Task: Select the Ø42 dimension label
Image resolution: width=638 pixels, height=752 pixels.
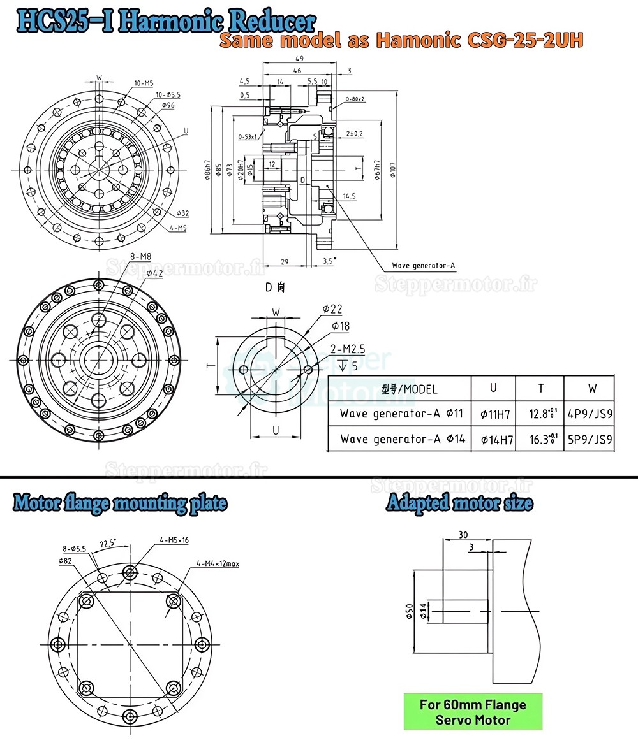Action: coord(156,273)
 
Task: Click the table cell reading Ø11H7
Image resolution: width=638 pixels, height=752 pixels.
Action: coord(495,414)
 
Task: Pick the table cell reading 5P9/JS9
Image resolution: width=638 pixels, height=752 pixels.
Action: coord(590,438)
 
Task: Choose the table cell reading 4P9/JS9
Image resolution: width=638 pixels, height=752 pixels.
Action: coord(590,414)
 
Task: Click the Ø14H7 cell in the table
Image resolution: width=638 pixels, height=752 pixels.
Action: coord(495,439)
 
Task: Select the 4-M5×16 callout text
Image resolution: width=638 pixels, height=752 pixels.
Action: coord(174,540)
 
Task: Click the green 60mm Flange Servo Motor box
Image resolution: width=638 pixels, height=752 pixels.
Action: coord(473,712)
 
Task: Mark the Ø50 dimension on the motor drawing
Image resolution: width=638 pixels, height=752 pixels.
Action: coord(409,611)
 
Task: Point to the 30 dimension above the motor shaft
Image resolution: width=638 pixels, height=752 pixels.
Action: coord(463,535)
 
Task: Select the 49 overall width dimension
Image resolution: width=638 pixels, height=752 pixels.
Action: coord(299,58)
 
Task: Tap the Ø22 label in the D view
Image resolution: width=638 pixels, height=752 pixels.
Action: coord(332,309)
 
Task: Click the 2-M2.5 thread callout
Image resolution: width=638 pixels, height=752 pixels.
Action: coord(348,349)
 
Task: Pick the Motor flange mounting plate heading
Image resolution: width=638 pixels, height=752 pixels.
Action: coord(120,503)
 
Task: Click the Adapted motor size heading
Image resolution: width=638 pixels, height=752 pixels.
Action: coord(459,503)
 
